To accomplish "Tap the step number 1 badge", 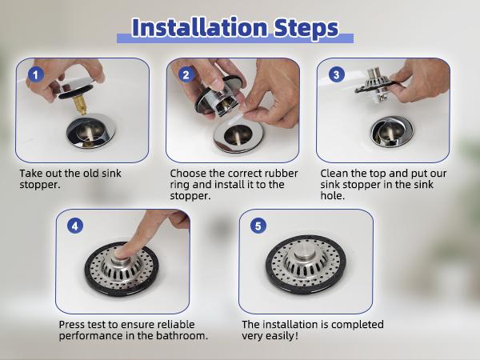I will (34, 75).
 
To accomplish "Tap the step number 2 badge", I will (186, 75).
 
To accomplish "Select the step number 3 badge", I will (336, 75).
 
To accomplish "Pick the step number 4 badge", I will (76, 226).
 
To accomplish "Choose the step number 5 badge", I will (258, 226).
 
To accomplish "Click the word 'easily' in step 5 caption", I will (281, 336).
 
